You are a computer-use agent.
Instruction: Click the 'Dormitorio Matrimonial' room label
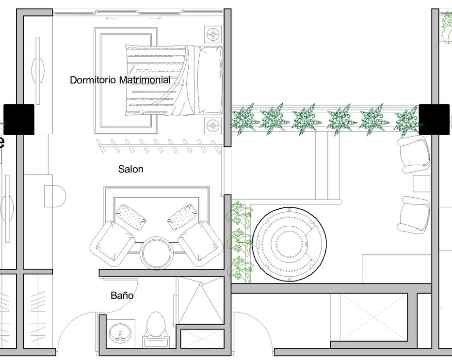click(x=120, y=80)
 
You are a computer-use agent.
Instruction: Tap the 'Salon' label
click(x=130, y=169)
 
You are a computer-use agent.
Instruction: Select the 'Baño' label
click(x=122, y=295)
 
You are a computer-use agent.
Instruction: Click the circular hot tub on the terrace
click(x=290, y=244)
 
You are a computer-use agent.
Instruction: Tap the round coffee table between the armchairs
click(x=156, y=252)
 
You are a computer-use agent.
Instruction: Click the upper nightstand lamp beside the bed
click(x=213, y=34)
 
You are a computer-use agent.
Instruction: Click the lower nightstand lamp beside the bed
click(x=213, y=126)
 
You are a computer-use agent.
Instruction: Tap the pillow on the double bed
click(x=210, y=80)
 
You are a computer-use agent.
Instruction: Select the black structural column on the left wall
click(x=19, y=119)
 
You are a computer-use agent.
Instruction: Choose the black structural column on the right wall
click(x=434, y=119)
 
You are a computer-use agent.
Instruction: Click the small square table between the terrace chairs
click(x=421, y=184)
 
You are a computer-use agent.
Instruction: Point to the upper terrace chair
click(x=415, y=154)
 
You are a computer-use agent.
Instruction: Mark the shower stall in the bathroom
click(x=200, y=300)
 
